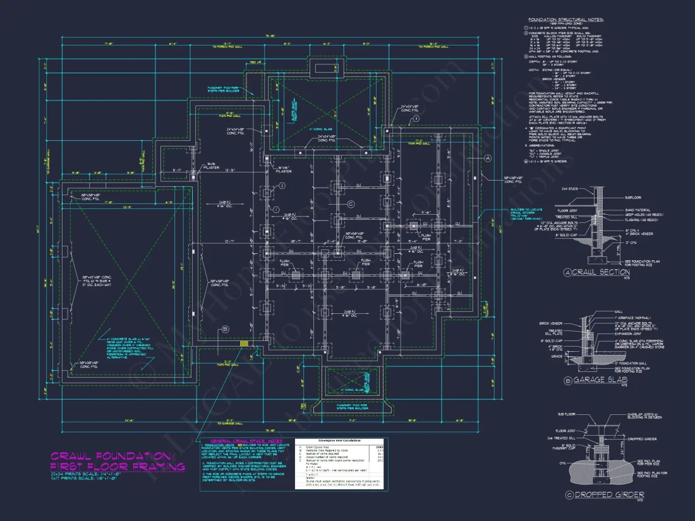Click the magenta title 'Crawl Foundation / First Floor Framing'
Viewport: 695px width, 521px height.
(118, 461)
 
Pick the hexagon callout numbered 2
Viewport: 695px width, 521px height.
(282, 185)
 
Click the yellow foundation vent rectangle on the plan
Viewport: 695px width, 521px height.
(244, 343)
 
